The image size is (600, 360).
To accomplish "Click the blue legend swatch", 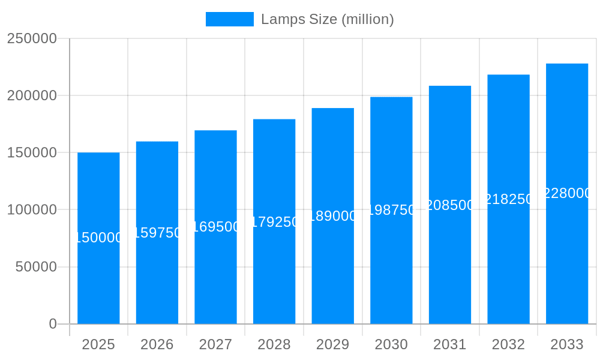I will (229, 19).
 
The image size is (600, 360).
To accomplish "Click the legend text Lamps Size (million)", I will (328, 19).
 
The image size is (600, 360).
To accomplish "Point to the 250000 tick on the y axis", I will (32, 39).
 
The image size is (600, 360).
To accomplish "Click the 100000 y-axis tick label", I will (32, 210).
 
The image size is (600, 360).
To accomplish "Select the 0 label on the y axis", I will (53, 324).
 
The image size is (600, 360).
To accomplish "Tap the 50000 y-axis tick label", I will (36, 267).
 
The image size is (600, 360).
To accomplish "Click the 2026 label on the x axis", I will (157, 344).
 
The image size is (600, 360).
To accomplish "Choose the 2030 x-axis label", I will (391, 344).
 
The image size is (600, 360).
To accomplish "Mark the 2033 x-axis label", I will (567, 344).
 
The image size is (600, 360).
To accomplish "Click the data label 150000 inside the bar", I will (98, 238).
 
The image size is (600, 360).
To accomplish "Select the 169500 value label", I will (215, 227).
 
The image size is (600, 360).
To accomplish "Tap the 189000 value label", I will (332, 216).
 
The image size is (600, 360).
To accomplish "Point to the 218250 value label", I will (508, 199).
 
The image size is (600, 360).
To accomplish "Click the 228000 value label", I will (567, 193).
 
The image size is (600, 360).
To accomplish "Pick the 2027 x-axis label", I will (215, 344).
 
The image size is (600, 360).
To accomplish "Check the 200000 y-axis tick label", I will (32, 96).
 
